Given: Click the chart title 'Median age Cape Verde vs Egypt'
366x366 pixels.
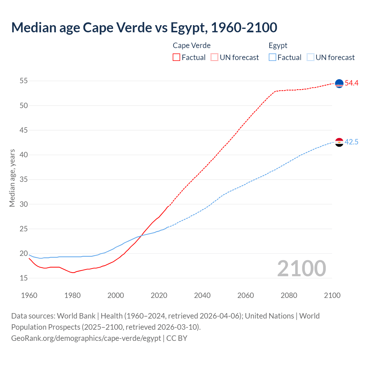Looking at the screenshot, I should (144, 27).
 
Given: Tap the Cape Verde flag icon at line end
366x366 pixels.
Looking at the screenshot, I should (339, 83).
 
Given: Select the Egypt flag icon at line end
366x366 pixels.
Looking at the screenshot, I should (339, 142).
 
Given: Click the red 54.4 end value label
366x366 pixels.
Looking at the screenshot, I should (351, 83).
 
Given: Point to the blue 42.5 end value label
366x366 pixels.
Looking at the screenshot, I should (351, 142).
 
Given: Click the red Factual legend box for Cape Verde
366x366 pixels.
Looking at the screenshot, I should (176, 57).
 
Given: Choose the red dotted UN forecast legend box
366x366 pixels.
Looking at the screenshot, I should (214, 57).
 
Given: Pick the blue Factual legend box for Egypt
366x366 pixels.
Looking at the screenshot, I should (272, 57).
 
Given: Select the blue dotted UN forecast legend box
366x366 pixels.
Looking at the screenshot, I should (311, 57).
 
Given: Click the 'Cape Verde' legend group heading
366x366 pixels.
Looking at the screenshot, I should (192, 45).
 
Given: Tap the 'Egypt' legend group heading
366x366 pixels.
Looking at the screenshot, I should (278, 45).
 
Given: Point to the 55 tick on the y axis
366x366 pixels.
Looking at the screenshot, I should (24, 81).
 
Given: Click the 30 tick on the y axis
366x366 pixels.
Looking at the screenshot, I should (24, 204).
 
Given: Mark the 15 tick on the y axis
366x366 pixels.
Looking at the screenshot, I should (24, 278).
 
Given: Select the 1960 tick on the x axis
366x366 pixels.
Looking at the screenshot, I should (29, 295).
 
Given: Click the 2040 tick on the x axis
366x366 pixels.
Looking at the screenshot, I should (202, 295).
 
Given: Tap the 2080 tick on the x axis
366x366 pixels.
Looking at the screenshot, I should (289, 295).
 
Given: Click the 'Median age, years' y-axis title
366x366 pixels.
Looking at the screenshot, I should (12, 178).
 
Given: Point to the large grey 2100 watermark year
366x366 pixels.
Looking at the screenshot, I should (301, 268).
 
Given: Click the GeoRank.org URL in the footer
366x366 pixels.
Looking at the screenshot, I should (86, 338).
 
